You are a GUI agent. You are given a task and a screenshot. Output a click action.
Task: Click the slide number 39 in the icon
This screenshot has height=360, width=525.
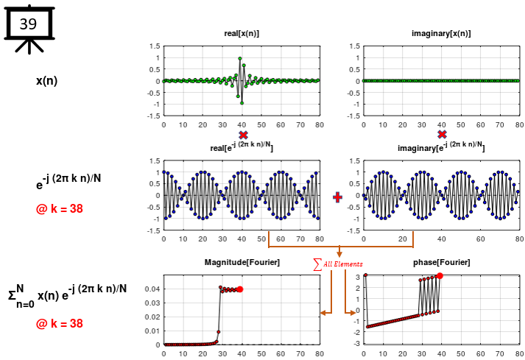click(x=28, y=24)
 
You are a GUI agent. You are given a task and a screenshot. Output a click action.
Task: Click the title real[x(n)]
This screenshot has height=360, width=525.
click(x=242, y=34)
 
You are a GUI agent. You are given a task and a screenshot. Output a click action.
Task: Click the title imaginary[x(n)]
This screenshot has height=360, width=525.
click(x=441, y=34)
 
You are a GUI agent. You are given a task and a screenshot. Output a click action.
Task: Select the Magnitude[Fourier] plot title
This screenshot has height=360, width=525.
click(x=241, y=263)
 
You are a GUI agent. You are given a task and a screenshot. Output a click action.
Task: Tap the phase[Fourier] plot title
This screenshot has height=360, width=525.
click(x=441, y=263)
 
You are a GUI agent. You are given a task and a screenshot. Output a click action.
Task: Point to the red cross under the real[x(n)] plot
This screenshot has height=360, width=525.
click(x=243, y=135)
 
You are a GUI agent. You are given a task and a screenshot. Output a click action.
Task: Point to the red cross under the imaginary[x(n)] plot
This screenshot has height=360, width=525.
click(x=442, y=135)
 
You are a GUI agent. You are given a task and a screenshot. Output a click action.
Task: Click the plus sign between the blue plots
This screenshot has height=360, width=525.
click(x=338, y=197)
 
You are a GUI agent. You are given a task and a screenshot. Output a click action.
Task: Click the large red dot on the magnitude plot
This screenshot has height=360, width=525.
click(x=240, y=289)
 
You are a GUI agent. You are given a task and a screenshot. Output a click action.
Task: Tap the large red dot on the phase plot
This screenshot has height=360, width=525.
click(x=440, y=276)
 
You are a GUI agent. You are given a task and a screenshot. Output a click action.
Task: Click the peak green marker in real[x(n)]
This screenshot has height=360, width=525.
click(x=240, y=59)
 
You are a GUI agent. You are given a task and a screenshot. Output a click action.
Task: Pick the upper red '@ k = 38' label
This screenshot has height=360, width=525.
click(x=59, y=209)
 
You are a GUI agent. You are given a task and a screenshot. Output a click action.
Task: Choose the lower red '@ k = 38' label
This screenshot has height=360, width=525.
click(x=59, y=323)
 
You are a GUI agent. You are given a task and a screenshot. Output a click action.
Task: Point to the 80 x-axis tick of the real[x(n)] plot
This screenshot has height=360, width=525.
click(x=320, y=124)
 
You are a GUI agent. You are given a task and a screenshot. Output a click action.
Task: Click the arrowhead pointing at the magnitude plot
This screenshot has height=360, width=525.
click(x=323, y=314)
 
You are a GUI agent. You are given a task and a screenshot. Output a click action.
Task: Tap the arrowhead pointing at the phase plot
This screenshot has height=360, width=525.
click(x=352, y=314)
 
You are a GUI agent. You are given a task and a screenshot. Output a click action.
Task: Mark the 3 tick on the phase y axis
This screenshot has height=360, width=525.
click(x=356, y=277)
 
